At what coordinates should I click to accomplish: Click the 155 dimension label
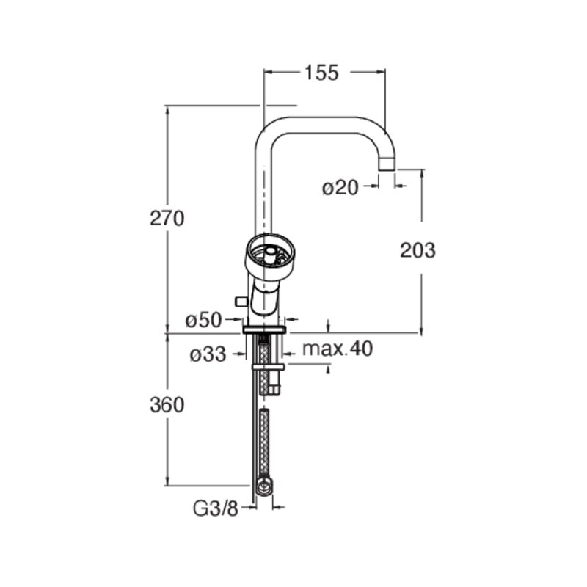pyautogui.click(x=321, y=73)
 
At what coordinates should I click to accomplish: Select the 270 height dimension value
pyautogui.click(x=167, y=218)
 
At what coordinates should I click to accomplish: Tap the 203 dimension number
pyautogui.click(x=418, y=250)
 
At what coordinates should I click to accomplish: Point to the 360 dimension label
pyautogui.click(x=167, y=405)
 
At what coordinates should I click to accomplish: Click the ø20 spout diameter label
pyautogui.click(x=340, y=188)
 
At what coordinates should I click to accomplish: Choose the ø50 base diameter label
pyautogui.click(x=204, y=321)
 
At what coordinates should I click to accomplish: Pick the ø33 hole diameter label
pyautogui.click(x=208, y=354)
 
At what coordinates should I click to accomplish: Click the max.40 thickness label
pyautogui.click(x=338, y=349)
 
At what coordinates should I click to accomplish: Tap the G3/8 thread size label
pyautogui.click(x=216, y=508)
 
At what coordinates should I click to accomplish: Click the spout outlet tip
pyautogui.click(x=387, y=164)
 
